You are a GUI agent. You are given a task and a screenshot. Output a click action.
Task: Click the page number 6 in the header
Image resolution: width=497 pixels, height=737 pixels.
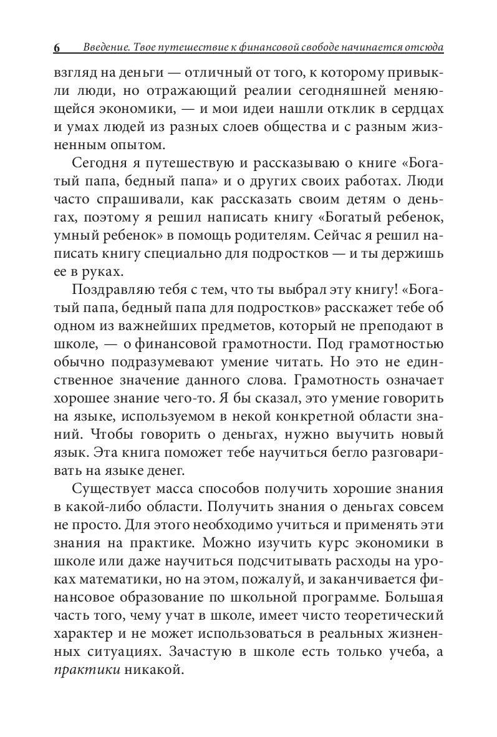[57, 48]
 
